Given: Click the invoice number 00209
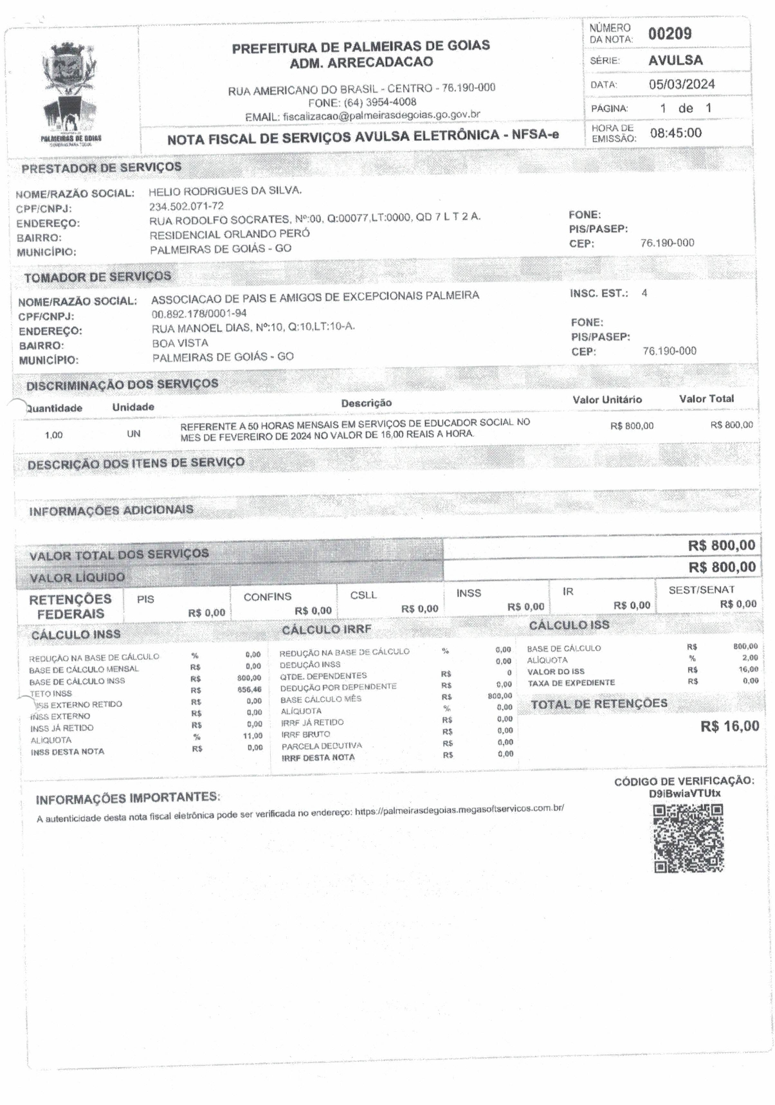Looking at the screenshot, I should tap(670, 34).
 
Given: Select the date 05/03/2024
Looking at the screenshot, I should tap(682, 84).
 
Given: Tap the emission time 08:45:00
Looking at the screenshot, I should tap(676, 133).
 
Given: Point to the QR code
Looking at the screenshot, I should tap(689, 839).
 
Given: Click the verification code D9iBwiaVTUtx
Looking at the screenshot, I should tap(684, 794).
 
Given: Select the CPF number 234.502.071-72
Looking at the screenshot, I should tap(187, 206).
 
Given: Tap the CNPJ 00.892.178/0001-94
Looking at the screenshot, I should tap(199, 314).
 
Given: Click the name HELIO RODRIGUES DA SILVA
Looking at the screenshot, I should tap(224, 191).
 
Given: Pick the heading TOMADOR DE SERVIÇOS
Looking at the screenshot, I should tap(98, 277).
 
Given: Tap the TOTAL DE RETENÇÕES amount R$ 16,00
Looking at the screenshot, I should tap(729, 727).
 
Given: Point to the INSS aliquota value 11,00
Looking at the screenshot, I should tap(253, 736).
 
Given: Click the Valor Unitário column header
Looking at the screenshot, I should tap(607, 399).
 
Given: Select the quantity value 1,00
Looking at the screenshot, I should tap(54, 435).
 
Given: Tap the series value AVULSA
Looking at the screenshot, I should tap(675, 60).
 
